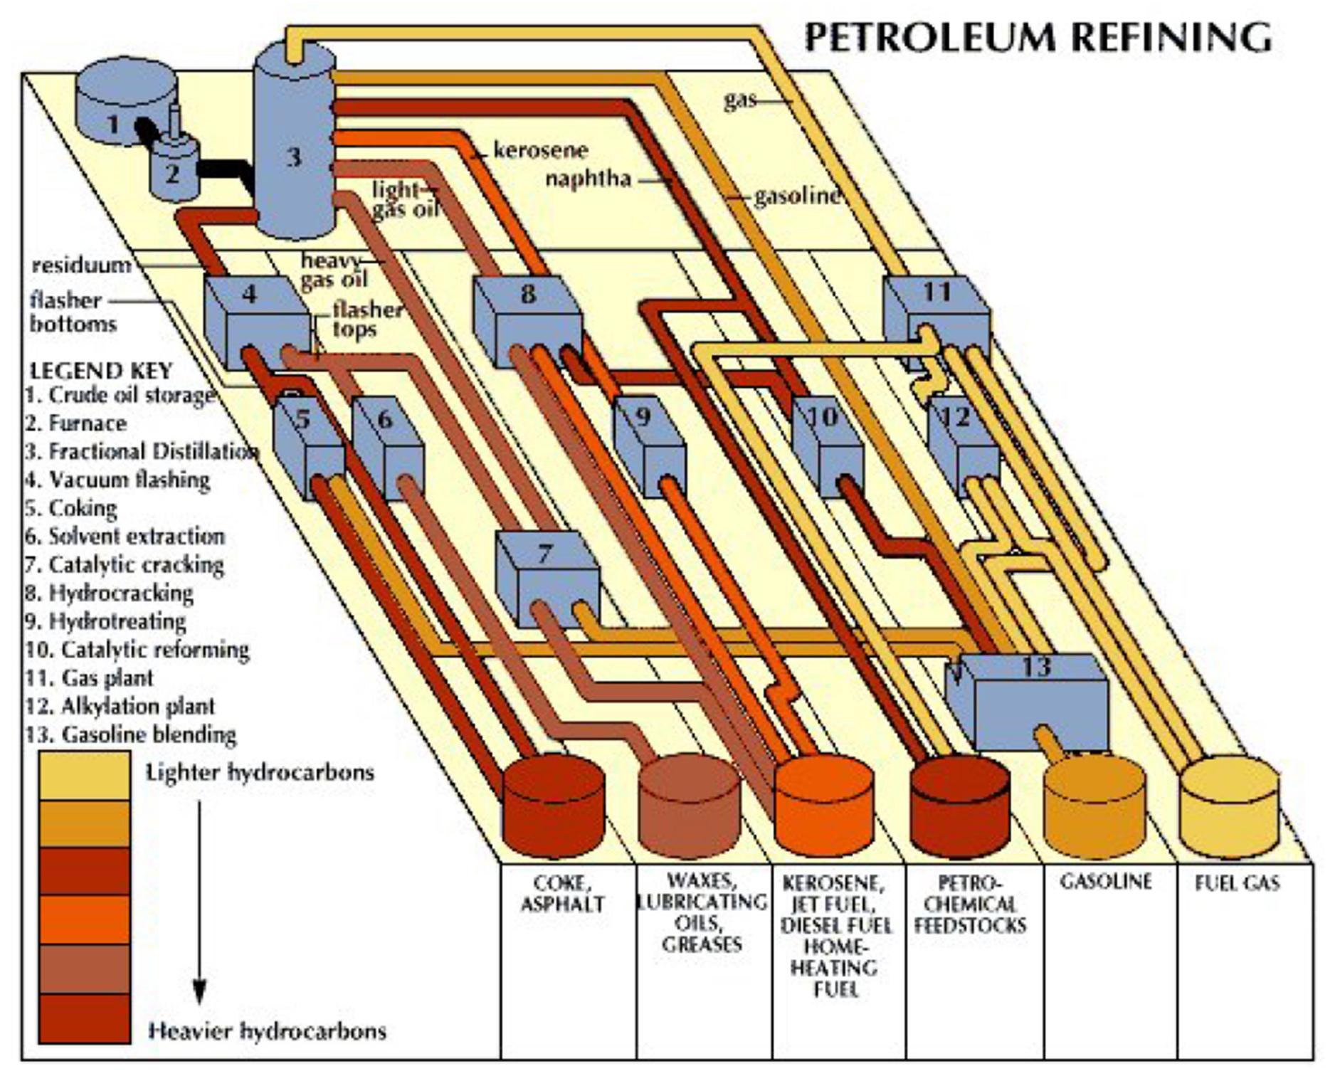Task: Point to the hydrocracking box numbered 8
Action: click(527, 321)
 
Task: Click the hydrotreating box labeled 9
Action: click(650, 445)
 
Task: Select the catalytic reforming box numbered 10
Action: click(827, 445)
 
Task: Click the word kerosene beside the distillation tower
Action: click(541, 151)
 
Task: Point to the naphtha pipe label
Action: click(589, 178)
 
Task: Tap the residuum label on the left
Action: click(82, 265)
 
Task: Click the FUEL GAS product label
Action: click(1238, 883)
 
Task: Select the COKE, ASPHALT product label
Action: click(562, 894)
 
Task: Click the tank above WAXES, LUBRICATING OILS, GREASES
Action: click(689, 806)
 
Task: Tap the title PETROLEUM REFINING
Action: click(1038, 37)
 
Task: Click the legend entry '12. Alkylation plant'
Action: click(120, 706)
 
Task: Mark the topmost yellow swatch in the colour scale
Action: click(84, 776)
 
